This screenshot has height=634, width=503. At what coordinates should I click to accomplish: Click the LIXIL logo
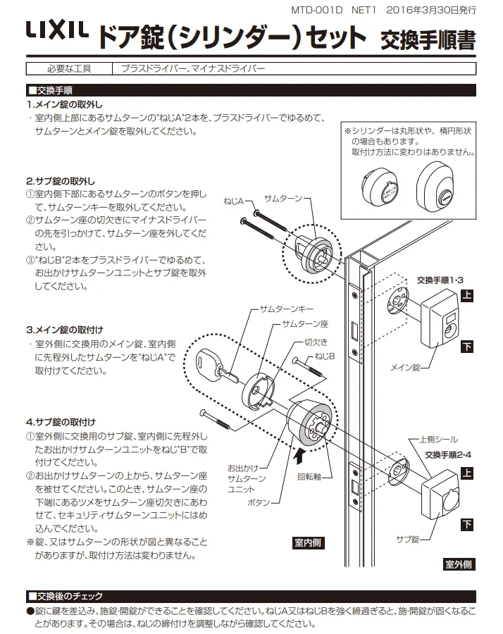coord(57,31)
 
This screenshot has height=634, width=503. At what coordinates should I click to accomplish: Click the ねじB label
coord(325,356)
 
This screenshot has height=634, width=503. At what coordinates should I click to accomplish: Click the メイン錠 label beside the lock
coord(406,367)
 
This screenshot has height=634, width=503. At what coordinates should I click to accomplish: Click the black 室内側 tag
coord(308,542)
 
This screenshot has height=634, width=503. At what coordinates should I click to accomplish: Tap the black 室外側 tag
coord(459,564)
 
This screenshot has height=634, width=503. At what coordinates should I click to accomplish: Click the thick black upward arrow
coord(301,459)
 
